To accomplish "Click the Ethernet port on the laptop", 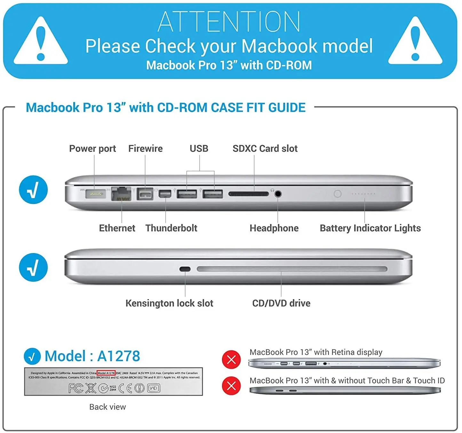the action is [x=121, y=194].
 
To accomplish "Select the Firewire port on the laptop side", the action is [x=145, y=194].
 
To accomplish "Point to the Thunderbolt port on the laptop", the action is [x=165, y=194].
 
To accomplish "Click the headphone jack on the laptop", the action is [x=278, y=194].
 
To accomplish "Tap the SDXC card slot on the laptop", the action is [x=249, y=194].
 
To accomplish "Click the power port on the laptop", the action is [x=95, y=193].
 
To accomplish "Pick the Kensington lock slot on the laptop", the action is [x=185, y=269].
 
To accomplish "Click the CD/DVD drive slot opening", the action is [x=292, y=269].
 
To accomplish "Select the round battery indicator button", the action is [x=338, y=194].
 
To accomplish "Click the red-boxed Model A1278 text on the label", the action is [x=106, y=373].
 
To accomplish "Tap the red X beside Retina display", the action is [x=231, y=360].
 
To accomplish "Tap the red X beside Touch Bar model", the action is [x=231, y=386].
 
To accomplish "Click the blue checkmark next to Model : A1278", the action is [x=32, y=356].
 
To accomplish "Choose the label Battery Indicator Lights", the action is [x=370, y=228].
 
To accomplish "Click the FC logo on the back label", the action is [x=76, y=388].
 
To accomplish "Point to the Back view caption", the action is [x=108, y=407].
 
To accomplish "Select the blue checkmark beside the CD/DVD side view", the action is [x=33, y=267].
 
